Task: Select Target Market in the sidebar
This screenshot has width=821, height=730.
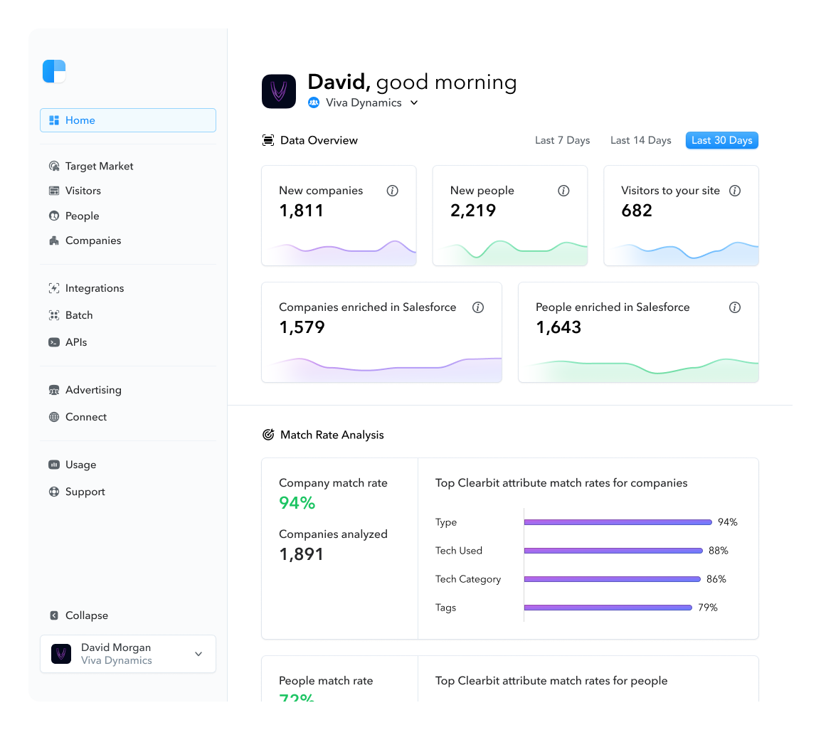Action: [99, 166]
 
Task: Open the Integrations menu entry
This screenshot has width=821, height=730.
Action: [94, 288]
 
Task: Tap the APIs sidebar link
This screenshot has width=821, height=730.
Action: [75, 342]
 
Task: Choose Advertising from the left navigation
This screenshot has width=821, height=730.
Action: [92, 390]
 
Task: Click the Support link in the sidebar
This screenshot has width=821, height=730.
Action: [85, 492]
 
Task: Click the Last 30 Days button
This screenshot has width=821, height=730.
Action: [721, 140]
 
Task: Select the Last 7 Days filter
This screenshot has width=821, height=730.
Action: [562, 140]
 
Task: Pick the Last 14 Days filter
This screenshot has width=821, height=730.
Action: [640, 140]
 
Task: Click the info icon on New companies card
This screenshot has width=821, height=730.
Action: [392, 191]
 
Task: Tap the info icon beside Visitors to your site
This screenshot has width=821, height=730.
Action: [735, 191]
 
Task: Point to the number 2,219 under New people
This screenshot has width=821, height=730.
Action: [473, 211]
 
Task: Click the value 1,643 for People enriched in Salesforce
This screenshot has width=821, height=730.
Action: [558, 327]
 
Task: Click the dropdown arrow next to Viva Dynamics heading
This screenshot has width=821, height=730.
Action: [414, 102]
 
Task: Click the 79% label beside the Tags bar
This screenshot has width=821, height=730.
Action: [707, 608]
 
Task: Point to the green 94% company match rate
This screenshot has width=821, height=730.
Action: [297, 503]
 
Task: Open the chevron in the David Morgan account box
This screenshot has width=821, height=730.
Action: [198, 654]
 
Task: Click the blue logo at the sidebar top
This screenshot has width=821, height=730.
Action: [54, 71]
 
